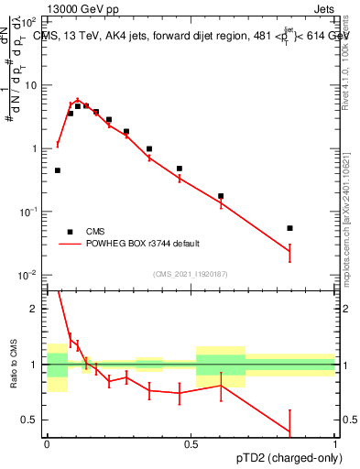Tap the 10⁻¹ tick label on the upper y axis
point(31,212)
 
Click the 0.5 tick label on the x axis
point(191,444)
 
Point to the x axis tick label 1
point(335,444)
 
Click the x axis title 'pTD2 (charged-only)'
point(291,459)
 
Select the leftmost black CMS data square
point(58,170)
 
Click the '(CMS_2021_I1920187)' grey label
point(191,274)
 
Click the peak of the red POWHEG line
point(78,101)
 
